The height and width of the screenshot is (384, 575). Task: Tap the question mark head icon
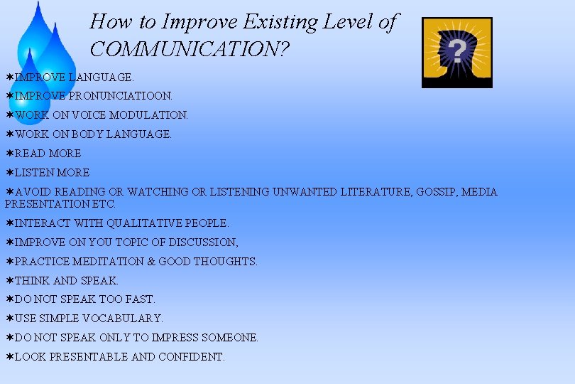point(456,53)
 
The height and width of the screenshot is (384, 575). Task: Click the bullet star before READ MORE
point(9,153)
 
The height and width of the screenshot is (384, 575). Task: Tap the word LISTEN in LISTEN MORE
point(31,172)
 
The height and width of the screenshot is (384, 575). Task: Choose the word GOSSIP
point(432,191)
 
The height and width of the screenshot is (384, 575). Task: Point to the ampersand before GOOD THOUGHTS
point(150,261)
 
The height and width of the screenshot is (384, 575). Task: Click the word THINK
point(32,280)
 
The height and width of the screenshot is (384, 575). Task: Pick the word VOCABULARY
point(123,319)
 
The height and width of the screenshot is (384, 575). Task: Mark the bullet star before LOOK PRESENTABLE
point(9,357)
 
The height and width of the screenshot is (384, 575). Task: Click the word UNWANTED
point(312,191)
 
